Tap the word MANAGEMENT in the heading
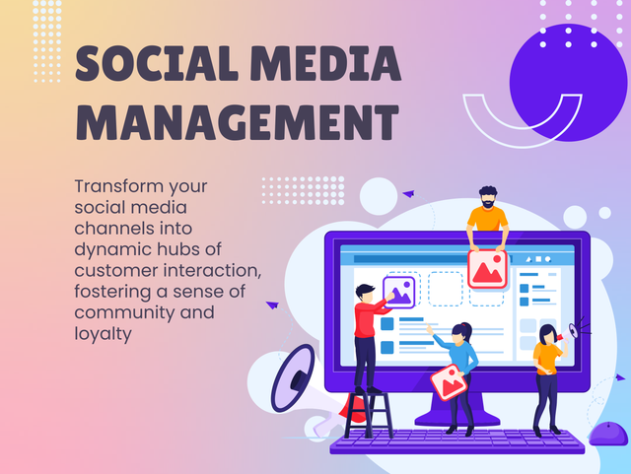coord(238,122)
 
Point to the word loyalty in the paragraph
coord(103,333)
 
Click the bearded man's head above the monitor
coord(487,197)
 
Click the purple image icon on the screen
coord(400,291)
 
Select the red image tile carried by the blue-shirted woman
coord(448,380)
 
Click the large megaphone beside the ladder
coord(294,379)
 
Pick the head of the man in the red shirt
coord(365,292)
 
